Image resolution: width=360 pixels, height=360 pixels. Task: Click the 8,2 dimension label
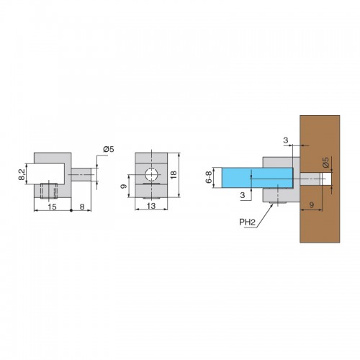[x=22, y=174]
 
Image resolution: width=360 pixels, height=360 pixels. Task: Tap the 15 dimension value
[x=52, y=207]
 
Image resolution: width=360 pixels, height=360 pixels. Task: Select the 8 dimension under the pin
[x=82, y=207]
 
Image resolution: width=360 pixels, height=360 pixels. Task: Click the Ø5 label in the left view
[x=109, y=149]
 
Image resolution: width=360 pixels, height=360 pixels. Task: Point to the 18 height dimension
[x=174, y=174]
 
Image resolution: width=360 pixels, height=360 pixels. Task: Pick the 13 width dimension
[x=151, y=206]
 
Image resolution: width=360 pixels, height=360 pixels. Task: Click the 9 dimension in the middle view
[x=124, y=186]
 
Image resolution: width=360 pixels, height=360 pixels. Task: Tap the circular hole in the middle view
[x=151, y=174]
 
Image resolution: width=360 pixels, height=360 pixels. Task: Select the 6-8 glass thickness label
[x=209, y=177]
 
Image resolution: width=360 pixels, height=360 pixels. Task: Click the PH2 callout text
[x=247, y=222]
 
